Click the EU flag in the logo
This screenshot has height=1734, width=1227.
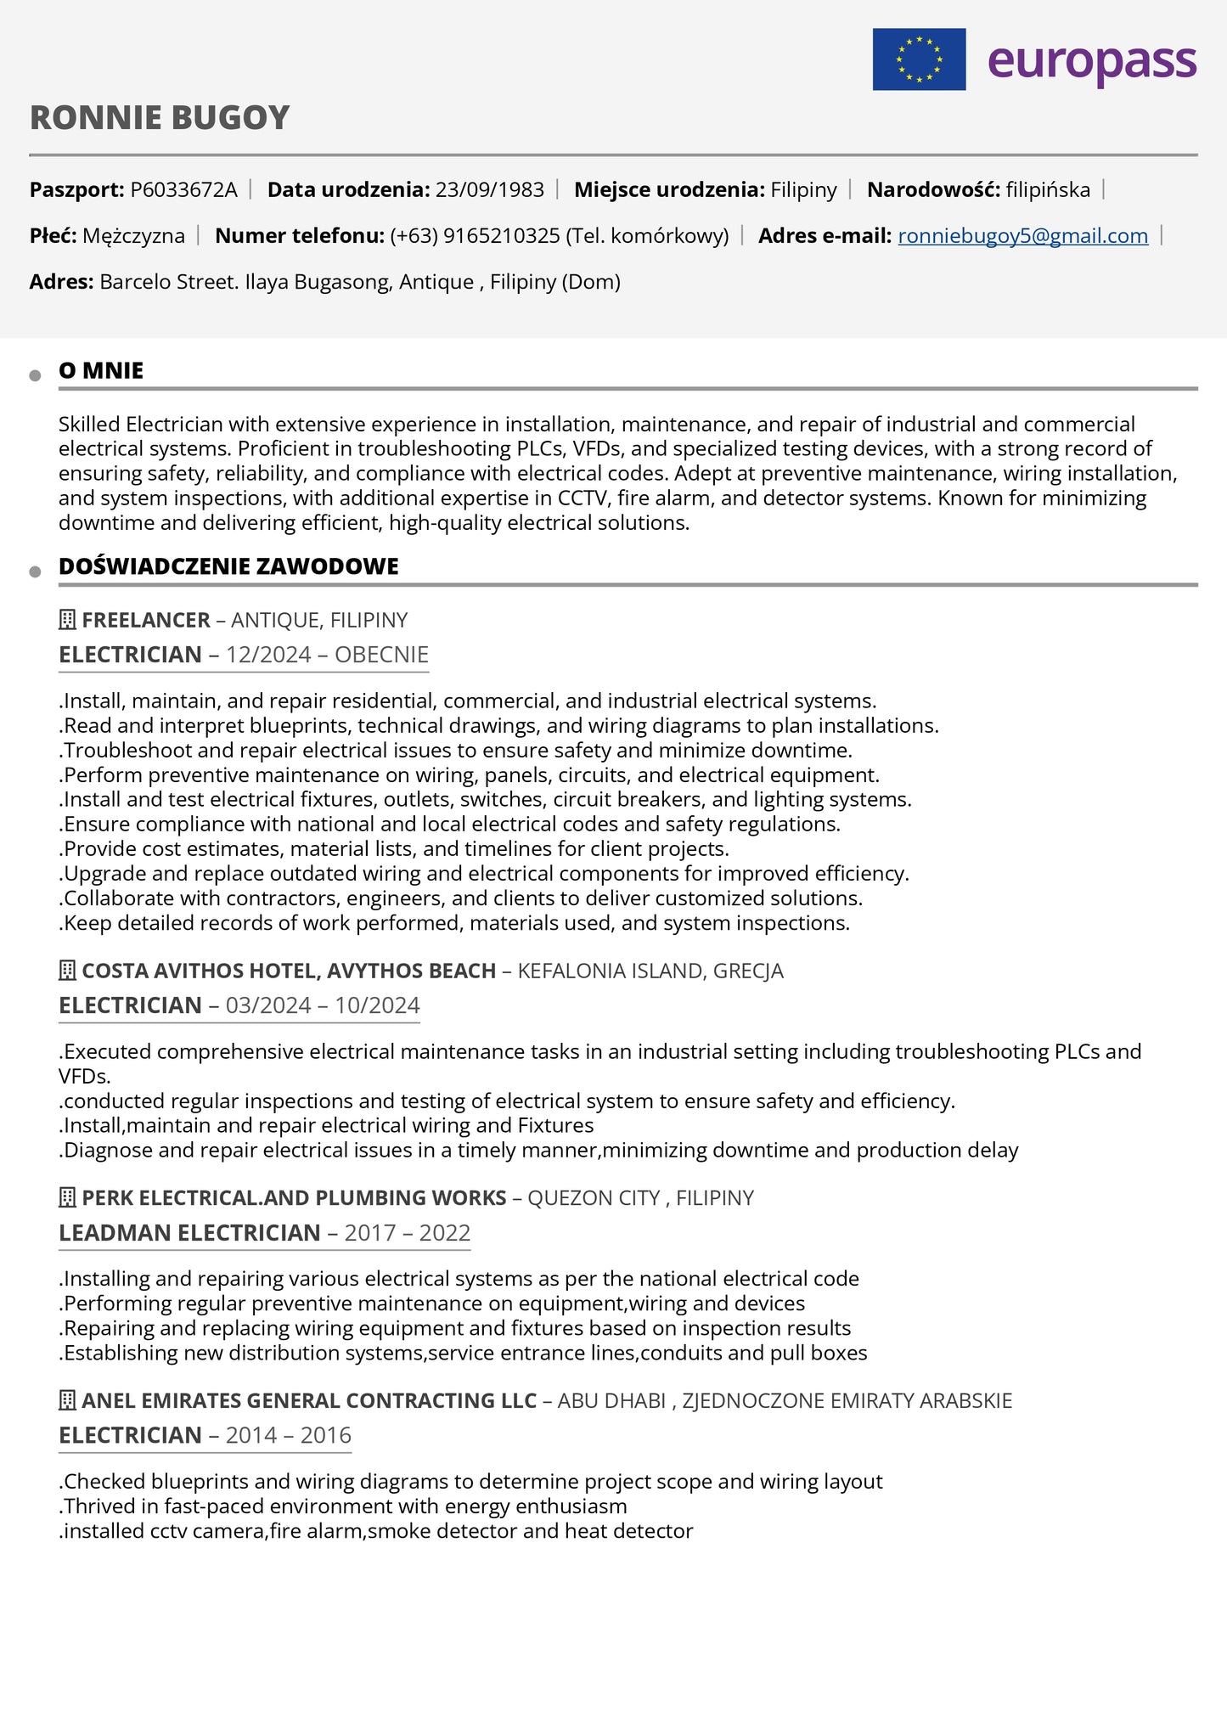(919, 59)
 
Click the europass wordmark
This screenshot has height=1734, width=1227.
(1092, 61)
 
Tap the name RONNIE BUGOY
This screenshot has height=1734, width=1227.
(160, 118)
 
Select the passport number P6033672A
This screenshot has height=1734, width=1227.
(183, 189)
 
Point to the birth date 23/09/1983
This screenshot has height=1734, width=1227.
(489, 189)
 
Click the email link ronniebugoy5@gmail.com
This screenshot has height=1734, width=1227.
(1022, 236)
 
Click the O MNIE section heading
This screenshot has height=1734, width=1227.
(101, 371)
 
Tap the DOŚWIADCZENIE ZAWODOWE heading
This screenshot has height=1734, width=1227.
(228, 566)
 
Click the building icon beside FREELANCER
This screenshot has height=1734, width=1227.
(67, 620)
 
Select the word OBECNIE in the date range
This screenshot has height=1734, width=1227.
(381, 655)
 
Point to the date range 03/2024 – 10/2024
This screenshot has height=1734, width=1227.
(323, 1005)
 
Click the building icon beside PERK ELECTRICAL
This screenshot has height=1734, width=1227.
(67, 1198)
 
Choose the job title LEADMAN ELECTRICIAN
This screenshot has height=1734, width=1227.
(189, 1233)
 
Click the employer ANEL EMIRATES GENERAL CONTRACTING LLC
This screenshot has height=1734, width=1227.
(309, 1401)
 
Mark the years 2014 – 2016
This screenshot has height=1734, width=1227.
(289, 1436)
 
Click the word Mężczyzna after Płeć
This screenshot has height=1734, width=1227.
(133, 236)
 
